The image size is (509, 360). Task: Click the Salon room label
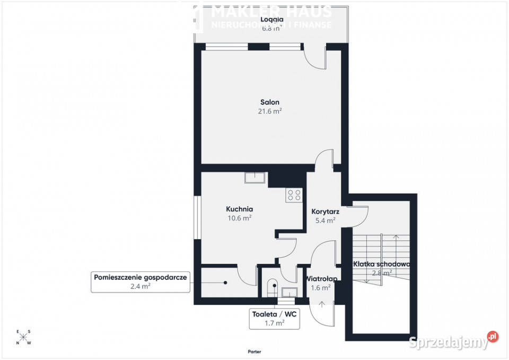(269, 102)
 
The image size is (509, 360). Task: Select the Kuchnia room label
(240, 209)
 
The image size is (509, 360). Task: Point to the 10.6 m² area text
(240, 218)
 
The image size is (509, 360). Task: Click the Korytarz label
(325, 211)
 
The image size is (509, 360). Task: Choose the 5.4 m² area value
(325, 220)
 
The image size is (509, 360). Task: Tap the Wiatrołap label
(321, 278)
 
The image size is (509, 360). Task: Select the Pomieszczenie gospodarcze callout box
(141, 282)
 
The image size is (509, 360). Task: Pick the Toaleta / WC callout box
(274, 318)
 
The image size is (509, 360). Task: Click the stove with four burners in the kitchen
(294, 195)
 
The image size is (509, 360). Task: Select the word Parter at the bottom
(254, 352)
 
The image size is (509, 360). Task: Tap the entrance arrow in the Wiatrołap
(323, 304)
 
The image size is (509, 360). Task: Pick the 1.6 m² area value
(321, 287)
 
